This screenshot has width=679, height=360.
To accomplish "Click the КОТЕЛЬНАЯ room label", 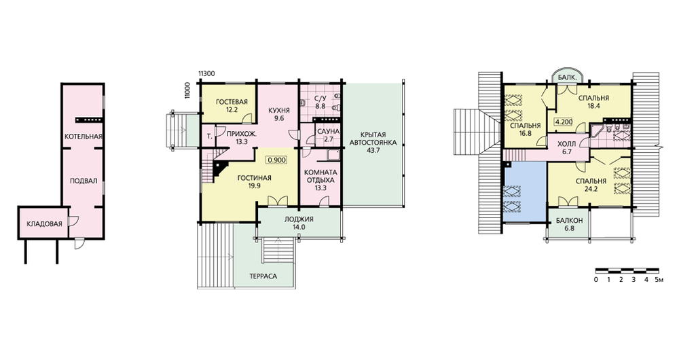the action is click(x=83, y=137).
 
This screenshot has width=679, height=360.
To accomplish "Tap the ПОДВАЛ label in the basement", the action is click(x=84, y=181).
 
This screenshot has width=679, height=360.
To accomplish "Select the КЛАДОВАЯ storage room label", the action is click(x=45, y=224).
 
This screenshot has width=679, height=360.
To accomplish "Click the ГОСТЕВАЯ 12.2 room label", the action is click(x=232, y=106).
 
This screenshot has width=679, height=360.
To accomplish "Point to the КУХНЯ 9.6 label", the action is click(x=279, y=114).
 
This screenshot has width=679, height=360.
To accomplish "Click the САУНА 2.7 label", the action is click(x=328, y=135).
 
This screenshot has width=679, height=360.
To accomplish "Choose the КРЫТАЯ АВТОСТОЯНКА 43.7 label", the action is click(x=373, y=143).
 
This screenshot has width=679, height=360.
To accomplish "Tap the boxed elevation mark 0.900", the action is click(x=277, y=160).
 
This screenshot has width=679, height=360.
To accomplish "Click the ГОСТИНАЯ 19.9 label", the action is click(x=254, y=182).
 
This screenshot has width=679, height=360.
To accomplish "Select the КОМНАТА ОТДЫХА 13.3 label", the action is click(x=321, y=180).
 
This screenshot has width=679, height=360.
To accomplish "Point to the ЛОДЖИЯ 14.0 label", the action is click(x=299, y=223).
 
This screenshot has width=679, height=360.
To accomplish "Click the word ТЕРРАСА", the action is click(x=263, y=276).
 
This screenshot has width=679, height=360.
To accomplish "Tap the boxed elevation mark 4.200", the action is click(x=564, y=122).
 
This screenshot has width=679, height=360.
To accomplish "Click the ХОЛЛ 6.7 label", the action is click(x=566, y=147).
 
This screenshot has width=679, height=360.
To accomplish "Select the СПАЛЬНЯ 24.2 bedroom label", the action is click(x=591, y=185).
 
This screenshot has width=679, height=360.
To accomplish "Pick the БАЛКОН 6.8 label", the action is click(x=570, y=224).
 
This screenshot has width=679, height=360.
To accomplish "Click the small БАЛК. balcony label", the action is click(x=567, y=77).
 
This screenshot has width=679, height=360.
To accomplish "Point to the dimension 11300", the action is click(x=206, y=73).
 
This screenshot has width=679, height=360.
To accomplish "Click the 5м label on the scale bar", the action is click(x=659, y=280).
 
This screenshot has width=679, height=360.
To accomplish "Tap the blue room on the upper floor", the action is click(x=525, y=192).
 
